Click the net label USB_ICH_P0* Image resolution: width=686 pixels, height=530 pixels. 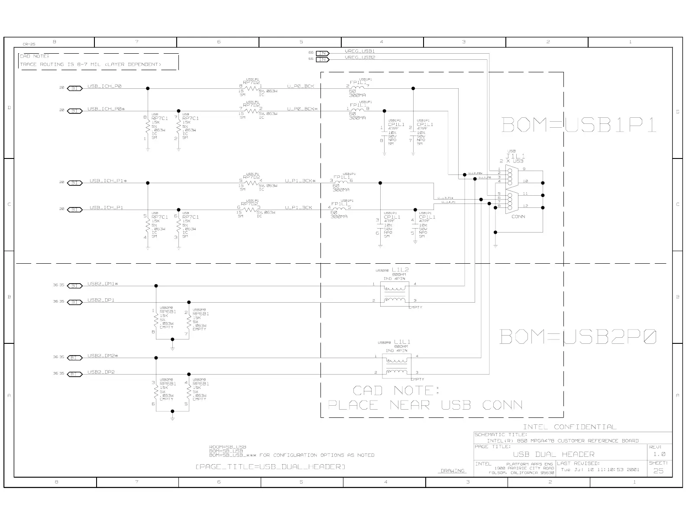pos(106,109)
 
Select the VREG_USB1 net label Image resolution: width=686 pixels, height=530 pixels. pos(359,52)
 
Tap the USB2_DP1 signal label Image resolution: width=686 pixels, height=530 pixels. pos(101,300)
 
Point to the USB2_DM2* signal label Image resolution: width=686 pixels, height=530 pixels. pos(103,356)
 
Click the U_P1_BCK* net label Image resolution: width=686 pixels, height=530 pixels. pos(300,181)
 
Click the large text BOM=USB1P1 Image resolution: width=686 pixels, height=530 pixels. pos(579,125)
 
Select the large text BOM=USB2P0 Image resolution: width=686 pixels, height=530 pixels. pos(578,336)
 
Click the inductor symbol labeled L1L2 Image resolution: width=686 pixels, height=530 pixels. pos(394,294)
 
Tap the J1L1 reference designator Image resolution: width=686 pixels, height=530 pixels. pos(515,156)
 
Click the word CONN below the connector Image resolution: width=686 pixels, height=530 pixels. pos(518,217)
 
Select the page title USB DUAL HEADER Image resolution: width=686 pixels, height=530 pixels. pos(553,454)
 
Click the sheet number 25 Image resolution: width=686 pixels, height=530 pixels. pos(658,471)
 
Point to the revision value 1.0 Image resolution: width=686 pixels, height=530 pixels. pos(659,454)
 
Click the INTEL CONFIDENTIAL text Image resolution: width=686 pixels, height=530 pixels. pos(570,427)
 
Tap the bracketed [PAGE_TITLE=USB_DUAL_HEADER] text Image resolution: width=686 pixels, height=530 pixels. pos(270,467)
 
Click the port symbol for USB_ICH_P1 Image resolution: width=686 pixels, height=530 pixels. pos(75,210)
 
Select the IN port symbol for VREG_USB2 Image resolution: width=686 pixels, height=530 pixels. pos(323,59)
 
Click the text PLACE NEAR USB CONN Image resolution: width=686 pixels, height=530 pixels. pos(425,405)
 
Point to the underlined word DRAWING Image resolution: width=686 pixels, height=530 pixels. pos(453,471)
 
